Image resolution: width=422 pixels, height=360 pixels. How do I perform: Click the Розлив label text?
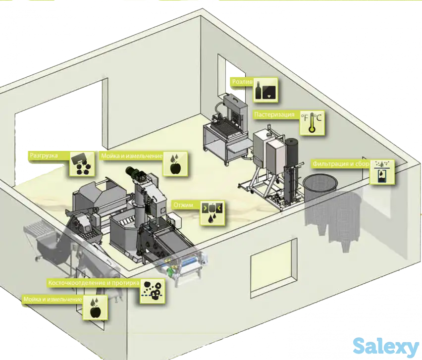click(x=242, y=82)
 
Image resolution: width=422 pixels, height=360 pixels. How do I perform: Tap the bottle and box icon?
click(x=265, y=90)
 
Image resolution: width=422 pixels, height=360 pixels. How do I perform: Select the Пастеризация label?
click(x=274, y=114)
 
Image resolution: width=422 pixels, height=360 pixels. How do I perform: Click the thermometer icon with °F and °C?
click(x=312, y=123)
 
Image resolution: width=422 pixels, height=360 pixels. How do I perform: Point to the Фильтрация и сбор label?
click(x=341, y=163)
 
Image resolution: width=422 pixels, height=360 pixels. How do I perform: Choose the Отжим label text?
click(x=183, y=205)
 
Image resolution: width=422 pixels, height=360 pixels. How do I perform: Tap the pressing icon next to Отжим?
click(x=212, y=213)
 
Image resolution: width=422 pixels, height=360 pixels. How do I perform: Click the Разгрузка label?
click(x=44, y=155)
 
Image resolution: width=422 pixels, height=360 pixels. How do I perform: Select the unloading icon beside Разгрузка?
click(x=83, y=164)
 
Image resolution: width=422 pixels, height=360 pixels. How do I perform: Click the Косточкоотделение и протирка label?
click(x=94, y=283)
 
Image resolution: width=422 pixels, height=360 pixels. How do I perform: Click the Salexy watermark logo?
click(x=386, y=346)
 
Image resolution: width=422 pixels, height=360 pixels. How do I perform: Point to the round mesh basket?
click(x=320, y=187)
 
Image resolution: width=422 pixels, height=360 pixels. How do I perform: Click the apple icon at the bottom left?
click(x=95, y=308)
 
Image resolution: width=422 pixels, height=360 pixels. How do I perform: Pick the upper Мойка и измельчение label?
click(x=132, y=156)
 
